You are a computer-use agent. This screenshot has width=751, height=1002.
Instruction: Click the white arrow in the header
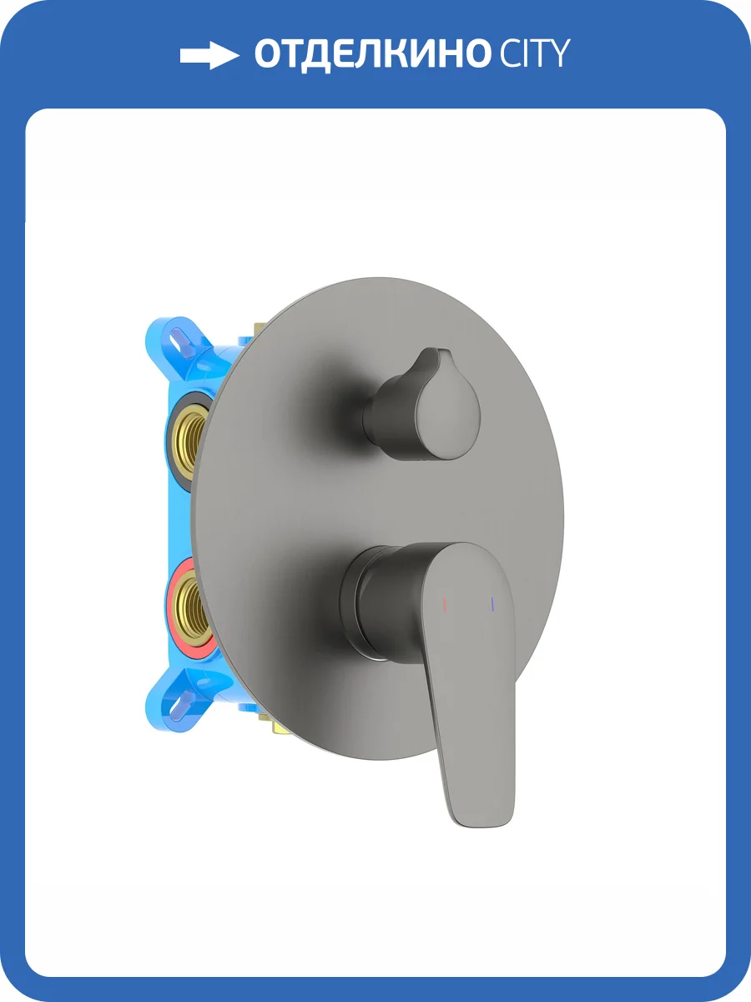tap(209, 55)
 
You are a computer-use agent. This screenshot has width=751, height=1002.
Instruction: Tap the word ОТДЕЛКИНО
tap(371, 54)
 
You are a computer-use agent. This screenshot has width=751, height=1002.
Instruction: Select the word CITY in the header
tap(534, 53)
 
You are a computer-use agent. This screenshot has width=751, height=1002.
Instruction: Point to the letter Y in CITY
tap(558, 53)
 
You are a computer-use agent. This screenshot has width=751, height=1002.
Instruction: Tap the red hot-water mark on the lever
tap(444, 604)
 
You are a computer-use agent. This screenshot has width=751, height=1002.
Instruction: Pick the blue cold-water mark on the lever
tap(493, 603)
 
